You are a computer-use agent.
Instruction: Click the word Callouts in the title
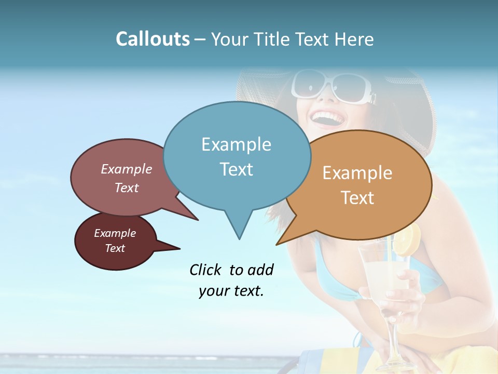pos(153,39)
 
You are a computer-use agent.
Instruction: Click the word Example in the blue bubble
pos(236,144)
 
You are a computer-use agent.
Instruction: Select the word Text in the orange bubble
pos(357,198)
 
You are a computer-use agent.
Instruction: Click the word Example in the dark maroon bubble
pos(115,233)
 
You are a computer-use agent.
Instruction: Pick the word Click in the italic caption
pos(206,270)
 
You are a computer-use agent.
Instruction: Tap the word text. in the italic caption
pos(247,291)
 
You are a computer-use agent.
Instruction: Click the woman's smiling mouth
pos(328,119)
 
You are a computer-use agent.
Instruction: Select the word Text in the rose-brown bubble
pos(127,188)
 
